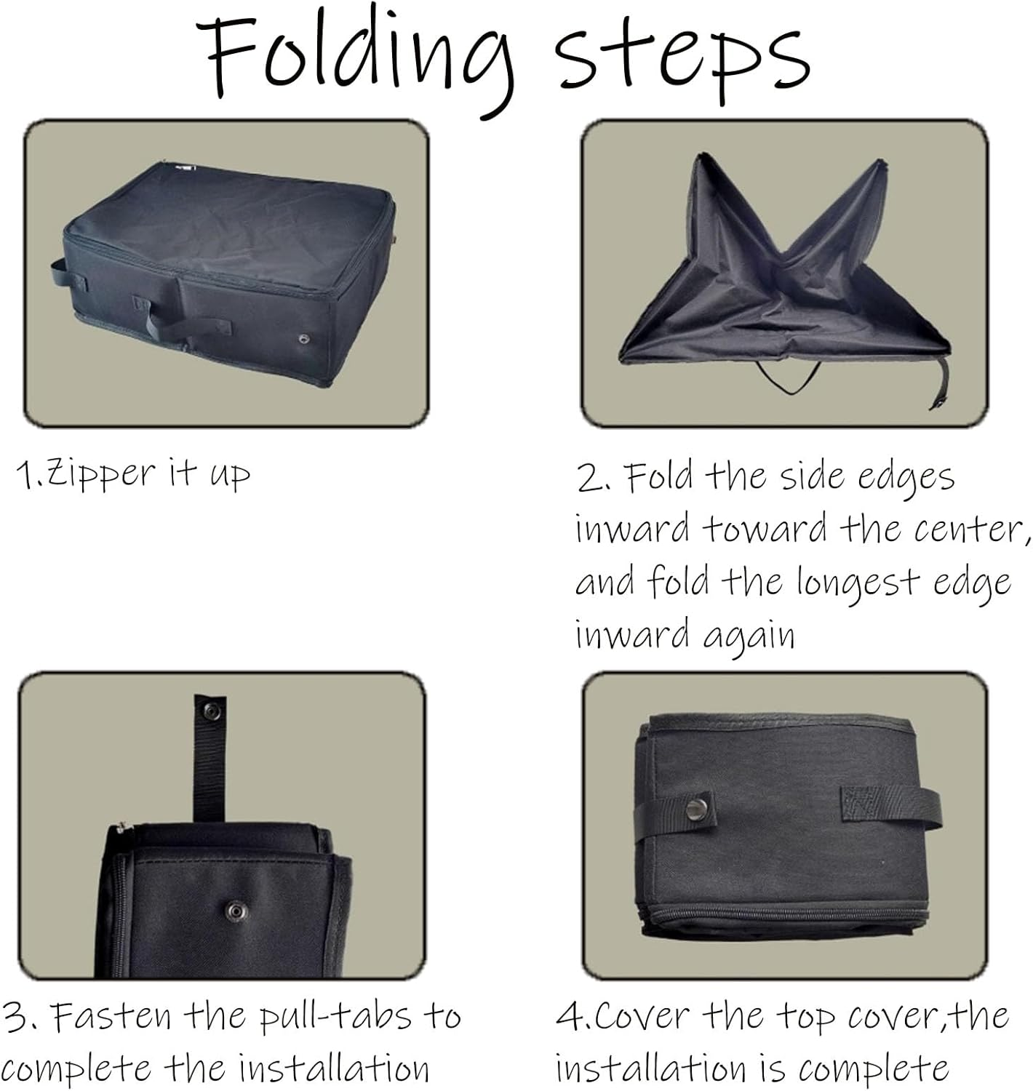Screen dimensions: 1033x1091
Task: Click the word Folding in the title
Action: (355, 58)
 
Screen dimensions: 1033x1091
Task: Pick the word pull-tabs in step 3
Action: (336, 1015)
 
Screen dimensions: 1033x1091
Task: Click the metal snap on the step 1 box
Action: (303, 338)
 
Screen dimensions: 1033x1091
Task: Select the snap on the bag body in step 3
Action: (234, 910)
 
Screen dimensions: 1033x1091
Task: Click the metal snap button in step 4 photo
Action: (697, 809)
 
